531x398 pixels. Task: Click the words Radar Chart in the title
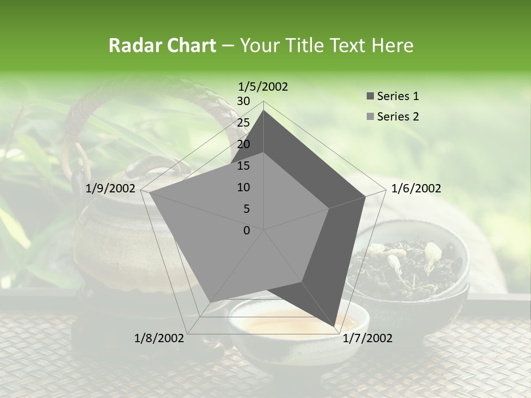162,45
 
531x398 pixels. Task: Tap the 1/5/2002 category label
263,87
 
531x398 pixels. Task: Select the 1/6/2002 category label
416,188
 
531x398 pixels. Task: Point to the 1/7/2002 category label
367,338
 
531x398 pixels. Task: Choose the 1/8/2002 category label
159,338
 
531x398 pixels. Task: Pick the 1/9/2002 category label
111,188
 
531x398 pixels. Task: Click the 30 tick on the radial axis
243,101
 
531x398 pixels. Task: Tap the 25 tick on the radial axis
243,123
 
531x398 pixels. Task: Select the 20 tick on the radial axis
243,144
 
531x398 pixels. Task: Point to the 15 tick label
243,166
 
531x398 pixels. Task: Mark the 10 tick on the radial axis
243,187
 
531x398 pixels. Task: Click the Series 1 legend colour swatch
370,97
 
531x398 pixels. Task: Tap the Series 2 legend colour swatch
370,117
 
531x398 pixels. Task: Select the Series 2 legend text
398,117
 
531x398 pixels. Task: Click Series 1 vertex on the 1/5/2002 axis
264,110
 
